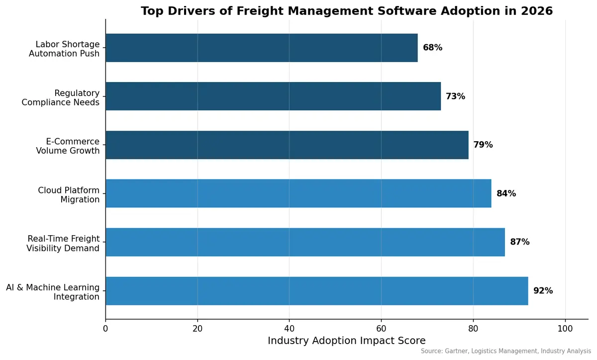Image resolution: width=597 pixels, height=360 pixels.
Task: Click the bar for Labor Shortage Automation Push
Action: [x=261, y=48]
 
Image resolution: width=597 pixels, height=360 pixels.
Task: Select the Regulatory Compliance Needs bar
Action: [x=273, y=96]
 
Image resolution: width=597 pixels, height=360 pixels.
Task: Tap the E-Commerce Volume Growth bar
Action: [x=287, y=145]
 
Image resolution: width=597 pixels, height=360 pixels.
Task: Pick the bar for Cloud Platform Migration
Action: [x=298, y=193]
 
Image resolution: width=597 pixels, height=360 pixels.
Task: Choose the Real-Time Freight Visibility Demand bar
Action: [x=305, y=242]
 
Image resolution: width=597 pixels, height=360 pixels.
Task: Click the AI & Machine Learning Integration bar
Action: [x=316, y=291]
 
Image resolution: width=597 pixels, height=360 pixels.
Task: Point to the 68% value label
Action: [x=432, y=48]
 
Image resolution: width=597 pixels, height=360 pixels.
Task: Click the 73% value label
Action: [x=455, y=96]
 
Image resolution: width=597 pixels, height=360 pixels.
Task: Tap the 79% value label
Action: [x=483, y=145]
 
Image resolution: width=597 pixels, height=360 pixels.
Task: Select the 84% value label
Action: [x=506, y=193]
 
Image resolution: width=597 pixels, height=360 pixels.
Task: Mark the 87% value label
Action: [x=519, y=242]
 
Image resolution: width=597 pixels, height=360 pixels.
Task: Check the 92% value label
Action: [x=543, y=291]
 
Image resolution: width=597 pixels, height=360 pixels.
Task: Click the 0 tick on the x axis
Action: [x=105, y=329]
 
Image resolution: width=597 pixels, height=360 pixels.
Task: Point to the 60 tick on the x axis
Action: [x=381, y=329]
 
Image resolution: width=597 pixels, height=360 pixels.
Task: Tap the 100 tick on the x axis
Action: [x=565, y=329]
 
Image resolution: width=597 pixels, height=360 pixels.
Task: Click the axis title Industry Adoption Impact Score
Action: [x=346, y=341]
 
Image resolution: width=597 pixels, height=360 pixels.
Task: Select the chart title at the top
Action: [x=346, y=11]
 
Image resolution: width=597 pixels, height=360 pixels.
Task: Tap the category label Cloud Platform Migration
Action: [x=69, y=195]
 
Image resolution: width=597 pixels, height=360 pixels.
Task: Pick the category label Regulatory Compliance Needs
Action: [x=60, y=97]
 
